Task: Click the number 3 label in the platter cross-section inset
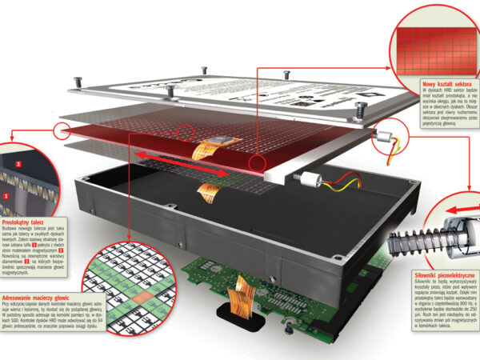pos(18,165)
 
